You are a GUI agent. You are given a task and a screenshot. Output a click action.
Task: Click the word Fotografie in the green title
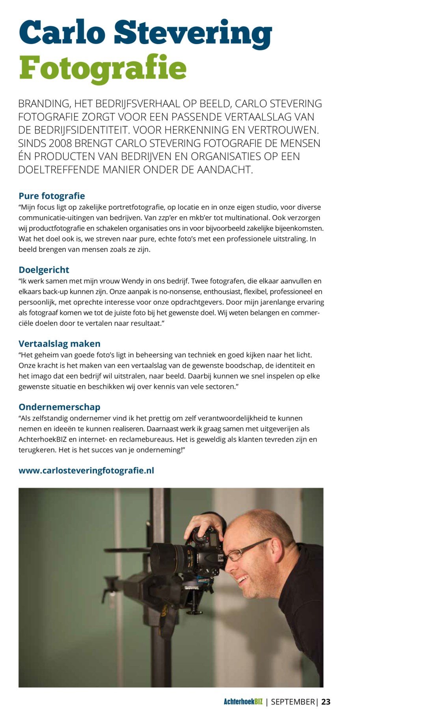coord(102,68)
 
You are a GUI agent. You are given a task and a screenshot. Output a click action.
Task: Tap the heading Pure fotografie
coord(52,196)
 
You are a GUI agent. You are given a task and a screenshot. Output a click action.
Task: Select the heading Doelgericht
coord(44,270)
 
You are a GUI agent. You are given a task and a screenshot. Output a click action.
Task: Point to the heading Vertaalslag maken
coord(60,343)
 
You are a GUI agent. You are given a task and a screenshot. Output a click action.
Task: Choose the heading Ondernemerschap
coord(60,407)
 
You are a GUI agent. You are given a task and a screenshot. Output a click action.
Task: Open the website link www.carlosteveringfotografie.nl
coord(86,470)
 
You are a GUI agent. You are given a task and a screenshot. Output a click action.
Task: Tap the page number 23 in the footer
coord(326,702)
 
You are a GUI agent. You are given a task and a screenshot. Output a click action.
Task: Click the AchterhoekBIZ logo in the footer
coord(243,702)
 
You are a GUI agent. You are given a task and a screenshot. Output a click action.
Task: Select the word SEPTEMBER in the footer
coord(293,702)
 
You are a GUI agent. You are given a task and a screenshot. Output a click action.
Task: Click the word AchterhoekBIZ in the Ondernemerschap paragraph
coord(42,440)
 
